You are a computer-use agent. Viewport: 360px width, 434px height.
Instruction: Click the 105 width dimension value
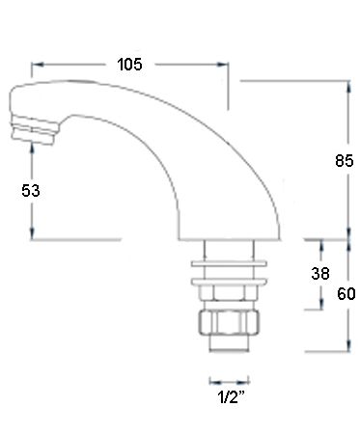129,65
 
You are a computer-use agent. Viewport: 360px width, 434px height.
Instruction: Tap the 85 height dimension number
345,160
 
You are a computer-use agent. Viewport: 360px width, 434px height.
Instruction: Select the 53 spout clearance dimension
31,191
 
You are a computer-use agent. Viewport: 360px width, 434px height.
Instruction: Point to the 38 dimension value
320,274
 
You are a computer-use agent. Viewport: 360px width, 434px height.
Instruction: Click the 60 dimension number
346,294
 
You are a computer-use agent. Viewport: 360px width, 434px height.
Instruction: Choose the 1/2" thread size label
231,397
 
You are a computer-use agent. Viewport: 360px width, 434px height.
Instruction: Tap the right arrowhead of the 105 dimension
222,65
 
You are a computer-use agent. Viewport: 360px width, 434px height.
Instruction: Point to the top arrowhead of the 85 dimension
348,87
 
